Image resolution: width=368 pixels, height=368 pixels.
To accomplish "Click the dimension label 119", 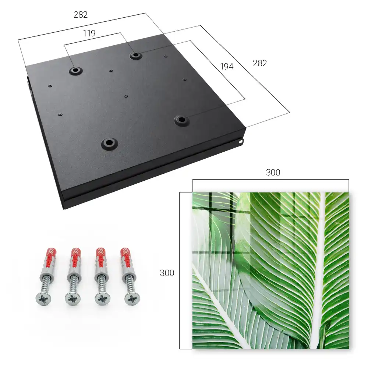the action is point(89,33).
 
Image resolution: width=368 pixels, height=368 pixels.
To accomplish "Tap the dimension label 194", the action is point(227,66).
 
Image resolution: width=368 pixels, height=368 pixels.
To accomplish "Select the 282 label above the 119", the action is point(81,15).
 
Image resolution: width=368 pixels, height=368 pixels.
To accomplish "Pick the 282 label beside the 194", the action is point(260,63).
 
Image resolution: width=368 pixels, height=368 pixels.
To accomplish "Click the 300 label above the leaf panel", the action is point(273,173).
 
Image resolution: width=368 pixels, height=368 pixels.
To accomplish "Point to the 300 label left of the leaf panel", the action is point(167,273).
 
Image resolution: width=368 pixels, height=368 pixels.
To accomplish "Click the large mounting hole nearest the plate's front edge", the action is point(109,143).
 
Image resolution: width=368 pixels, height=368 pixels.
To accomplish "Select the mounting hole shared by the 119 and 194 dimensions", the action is point(135,56).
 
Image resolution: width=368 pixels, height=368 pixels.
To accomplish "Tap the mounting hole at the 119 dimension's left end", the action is point(75,70).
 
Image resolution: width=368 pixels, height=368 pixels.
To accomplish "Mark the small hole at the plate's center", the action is point(126,96).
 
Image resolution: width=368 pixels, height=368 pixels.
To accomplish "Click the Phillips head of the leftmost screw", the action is point(44,299).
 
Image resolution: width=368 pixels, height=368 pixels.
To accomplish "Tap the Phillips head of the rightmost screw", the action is point(132,299).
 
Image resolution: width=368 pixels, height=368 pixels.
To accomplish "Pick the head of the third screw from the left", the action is point(103,299).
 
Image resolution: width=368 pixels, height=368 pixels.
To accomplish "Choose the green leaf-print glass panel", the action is point(270,270).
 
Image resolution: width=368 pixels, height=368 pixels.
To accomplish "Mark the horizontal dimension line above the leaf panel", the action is point(270,180).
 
